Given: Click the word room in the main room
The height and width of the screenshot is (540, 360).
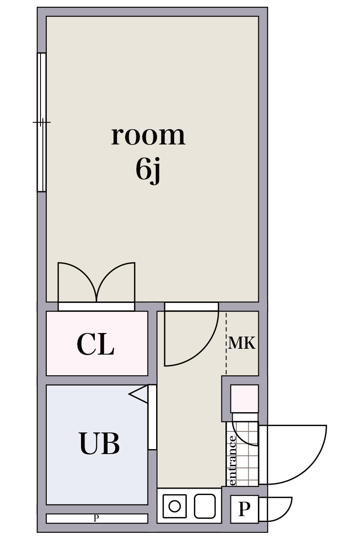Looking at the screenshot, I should point(148,135).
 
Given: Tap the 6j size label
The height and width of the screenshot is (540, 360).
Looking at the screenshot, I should point(148,170).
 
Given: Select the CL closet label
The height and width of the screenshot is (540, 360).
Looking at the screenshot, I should point(95,345).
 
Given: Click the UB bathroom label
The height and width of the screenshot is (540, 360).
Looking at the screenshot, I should point(99,444).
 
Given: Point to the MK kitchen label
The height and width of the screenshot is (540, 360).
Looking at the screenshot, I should point(242,343).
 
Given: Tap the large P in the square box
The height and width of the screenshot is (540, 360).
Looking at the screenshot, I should point(244,509).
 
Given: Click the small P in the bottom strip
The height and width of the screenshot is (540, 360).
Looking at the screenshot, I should point(96,518).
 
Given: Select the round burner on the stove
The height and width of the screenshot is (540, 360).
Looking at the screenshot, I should point(175,506).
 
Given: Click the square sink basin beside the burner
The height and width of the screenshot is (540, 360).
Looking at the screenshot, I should point(205,506).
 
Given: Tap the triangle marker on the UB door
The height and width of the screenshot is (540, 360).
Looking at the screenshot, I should point(140,394).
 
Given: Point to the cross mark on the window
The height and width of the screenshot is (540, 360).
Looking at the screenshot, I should point(41,122).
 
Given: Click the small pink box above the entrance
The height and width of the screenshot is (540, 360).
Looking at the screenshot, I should point(244,398).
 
